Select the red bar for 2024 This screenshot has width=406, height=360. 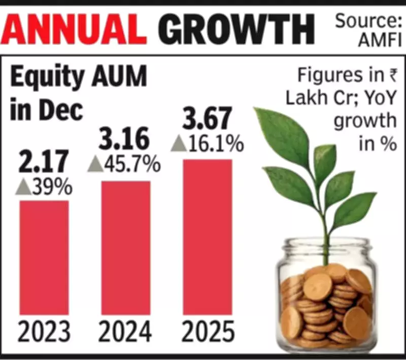click(126, 247)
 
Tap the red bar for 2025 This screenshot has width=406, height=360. click(208, 237)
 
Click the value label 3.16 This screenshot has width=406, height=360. click(125, 139)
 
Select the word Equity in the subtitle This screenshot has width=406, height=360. click(44, 80)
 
